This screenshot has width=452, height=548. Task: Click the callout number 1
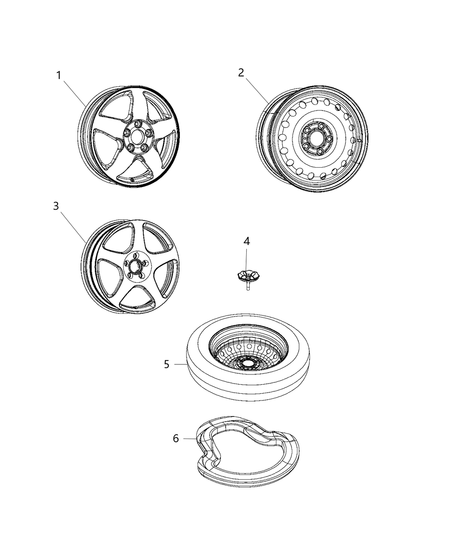(59, 76)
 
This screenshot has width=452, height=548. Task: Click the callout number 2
(241, 73)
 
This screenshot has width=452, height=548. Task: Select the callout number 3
(56, 206)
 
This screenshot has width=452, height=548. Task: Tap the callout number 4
(246, 242)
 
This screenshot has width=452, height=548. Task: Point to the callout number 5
(167, 364)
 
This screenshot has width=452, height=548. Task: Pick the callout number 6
(176, 438)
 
